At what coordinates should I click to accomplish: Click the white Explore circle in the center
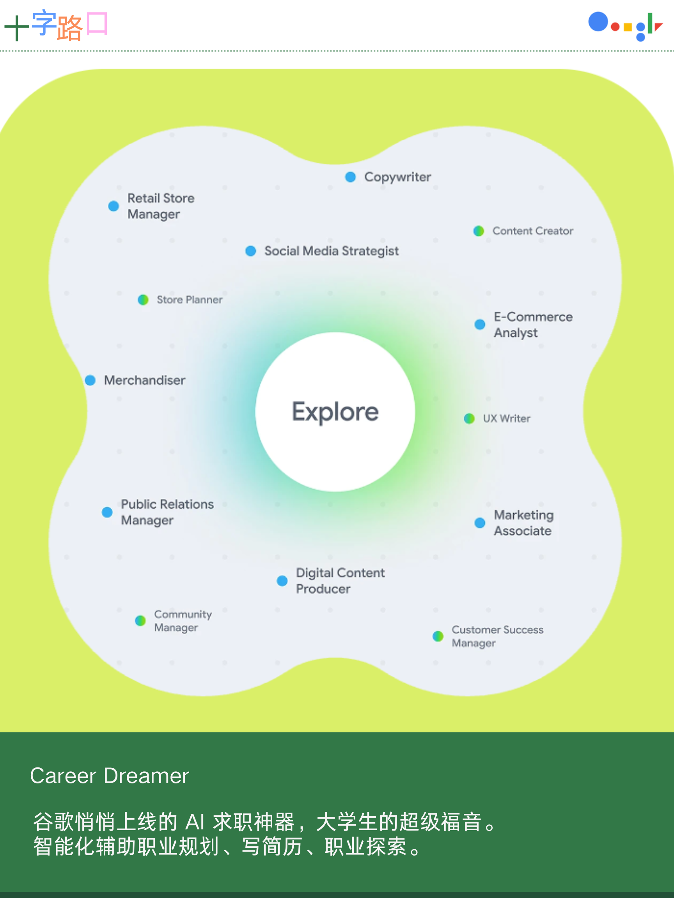tap(335, 412)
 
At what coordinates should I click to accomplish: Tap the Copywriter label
tap(397, 177)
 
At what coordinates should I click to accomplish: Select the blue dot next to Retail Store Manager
tap(114, 206)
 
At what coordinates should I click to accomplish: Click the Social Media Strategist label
tap(331, 251)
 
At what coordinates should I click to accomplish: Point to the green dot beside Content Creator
tap(479, 231)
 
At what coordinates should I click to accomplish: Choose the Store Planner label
tap(189, 300)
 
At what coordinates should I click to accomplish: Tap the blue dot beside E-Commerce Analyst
tap(480, 324)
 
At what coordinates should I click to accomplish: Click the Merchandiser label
tap(145, 380)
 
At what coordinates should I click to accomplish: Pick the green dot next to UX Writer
tap(469, 419)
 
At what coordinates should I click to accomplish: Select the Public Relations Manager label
tap(167, 512)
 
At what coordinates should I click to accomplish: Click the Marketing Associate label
tap(523, 523)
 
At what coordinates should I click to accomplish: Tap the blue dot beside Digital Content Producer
tap(282, 581)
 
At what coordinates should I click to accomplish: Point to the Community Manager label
tap(183, 621)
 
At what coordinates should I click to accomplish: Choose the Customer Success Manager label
tap(497, 636)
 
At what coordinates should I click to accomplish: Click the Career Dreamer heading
tap(109, 776)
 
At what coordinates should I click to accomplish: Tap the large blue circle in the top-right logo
tap(598, 22)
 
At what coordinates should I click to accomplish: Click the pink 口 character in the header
tap(97, 23)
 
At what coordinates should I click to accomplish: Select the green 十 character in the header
tap(16, 28)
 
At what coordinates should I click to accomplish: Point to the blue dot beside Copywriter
tap(350, 177)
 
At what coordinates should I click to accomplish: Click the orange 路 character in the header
tap(70, 28)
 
